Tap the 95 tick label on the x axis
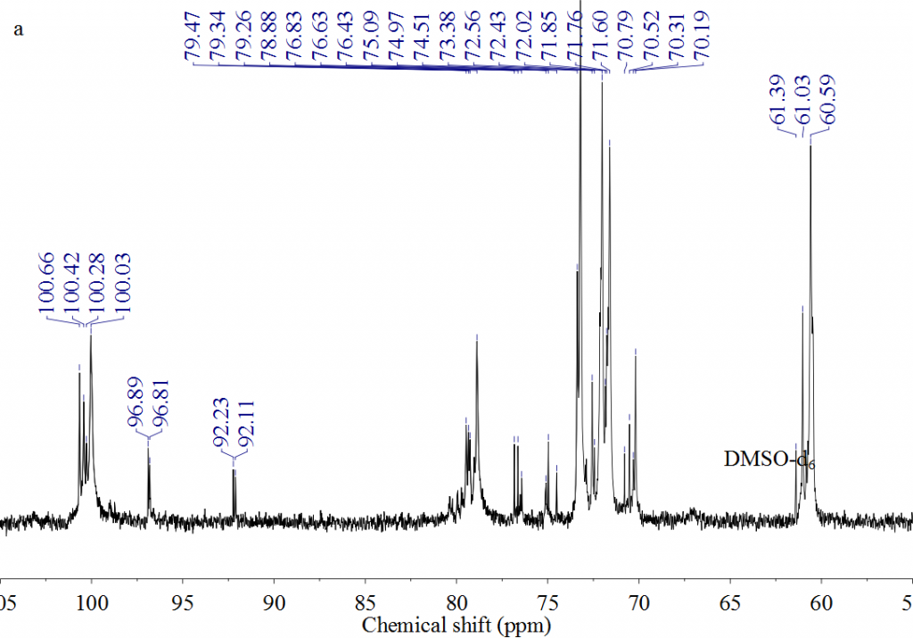[x=183, y=602]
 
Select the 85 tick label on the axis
[x=365, y=602]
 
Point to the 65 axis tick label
[x=729, y=602]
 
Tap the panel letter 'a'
[x=19, y=30]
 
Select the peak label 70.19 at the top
[x=703, y=37]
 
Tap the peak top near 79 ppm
[x=477, y=337]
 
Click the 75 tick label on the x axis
[x=547, y=602]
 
